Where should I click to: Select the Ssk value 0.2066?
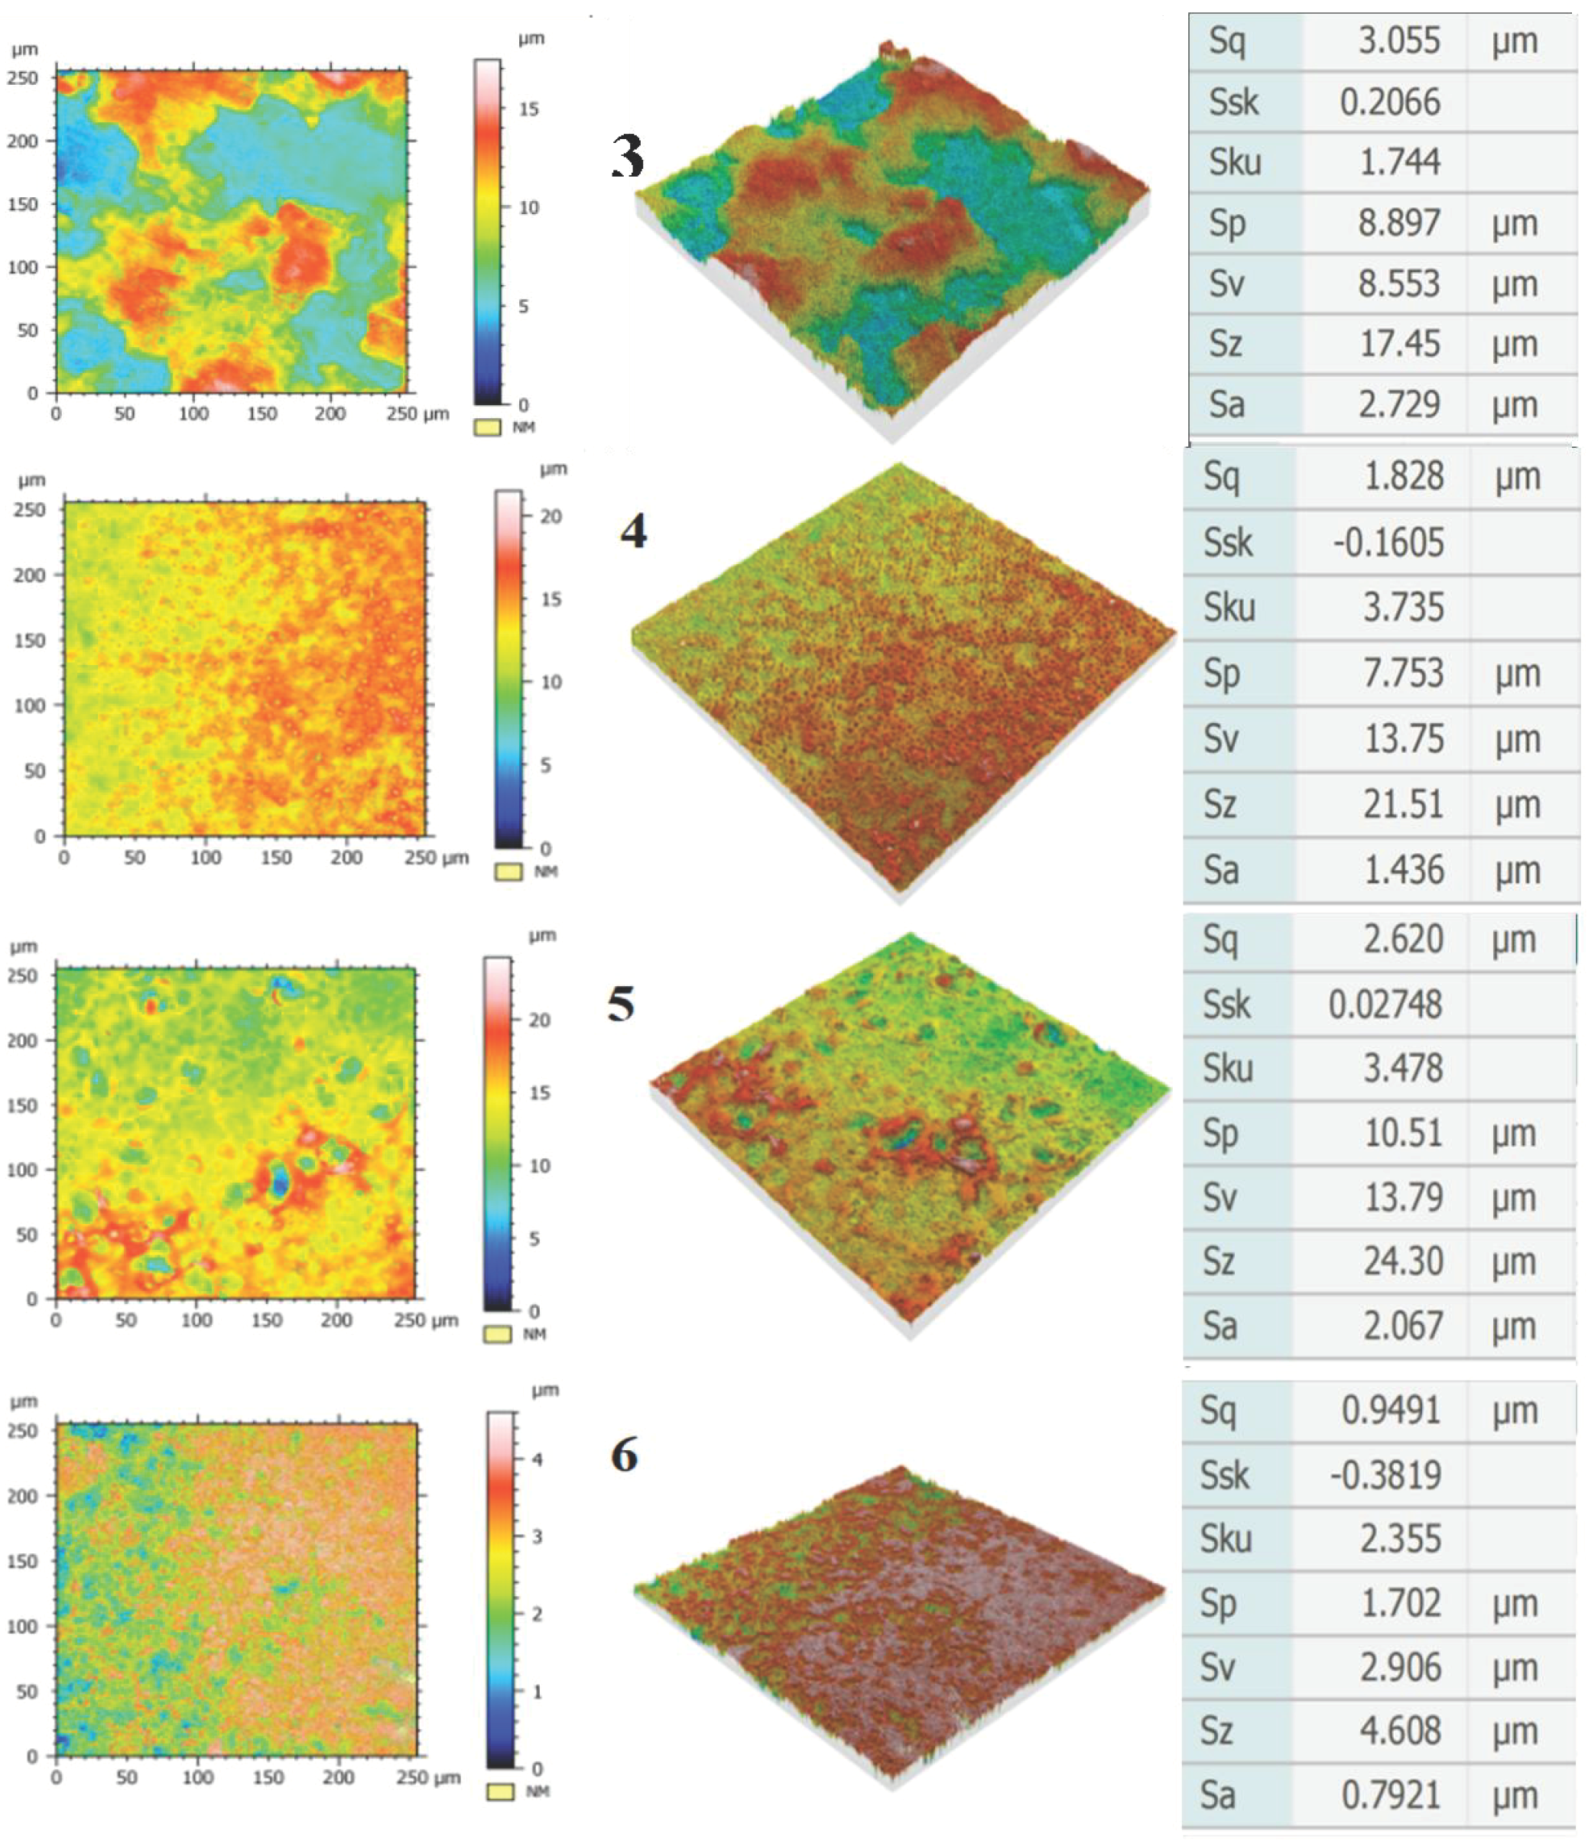tap(1390, 102)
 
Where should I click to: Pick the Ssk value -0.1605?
tap(1388, 542)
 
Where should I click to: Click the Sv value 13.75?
tap(1402, 739)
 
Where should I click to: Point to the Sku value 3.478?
tap(1402, 1067)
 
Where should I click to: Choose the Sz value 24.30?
tap(1402, 1261)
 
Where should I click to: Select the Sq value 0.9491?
tap(1390, 1410)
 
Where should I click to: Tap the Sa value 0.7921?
tap(1390, 1796)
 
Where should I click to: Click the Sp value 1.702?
tap(1400, 1604)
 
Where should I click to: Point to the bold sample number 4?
tap(633, 531)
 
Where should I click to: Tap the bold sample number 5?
tap(621, 1004)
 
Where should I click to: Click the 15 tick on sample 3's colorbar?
tap(528, 109)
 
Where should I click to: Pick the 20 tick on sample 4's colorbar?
tap(550, 516)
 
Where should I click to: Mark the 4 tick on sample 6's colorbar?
tap(537, 1459)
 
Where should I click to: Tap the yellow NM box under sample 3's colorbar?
tap(488, 428)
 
